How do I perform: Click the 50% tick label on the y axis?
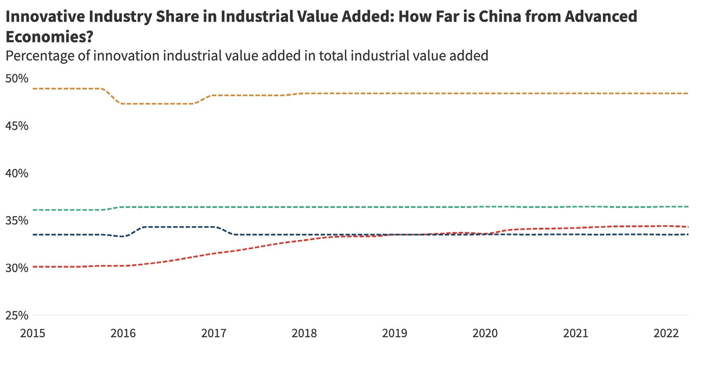[17, 79]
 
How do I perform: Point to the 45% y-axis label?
[17, 126]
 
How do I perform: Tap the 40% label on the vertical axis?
[17, 173]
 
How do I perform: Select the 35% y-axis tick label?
[17, 221]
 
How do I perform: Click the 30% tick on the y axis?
[17, 268]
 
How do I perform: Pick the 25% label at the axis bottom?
[17, 315]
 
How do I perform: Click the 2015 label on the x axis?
[33, 333]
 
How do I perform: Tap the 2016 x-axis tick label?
[123, 333]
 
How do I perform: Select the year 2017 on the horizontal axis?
[214, 333]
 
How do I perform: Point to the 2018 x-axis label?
[304, 333]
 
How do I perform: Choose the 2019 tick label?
[395, 333]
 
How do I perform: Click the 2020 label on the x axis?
[485, 333]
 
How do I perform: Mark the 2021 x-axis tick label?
[576, 333]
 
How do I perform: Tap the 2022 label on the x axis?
[666, 333]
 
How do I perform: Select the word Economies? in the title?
[49, 37]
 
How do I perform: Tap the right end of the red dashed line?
[688, 227]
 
